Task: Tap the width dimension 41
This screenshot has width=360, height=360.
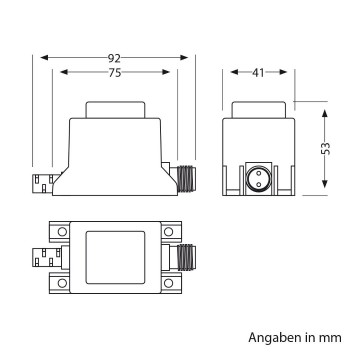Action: [x=257, y=72]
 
